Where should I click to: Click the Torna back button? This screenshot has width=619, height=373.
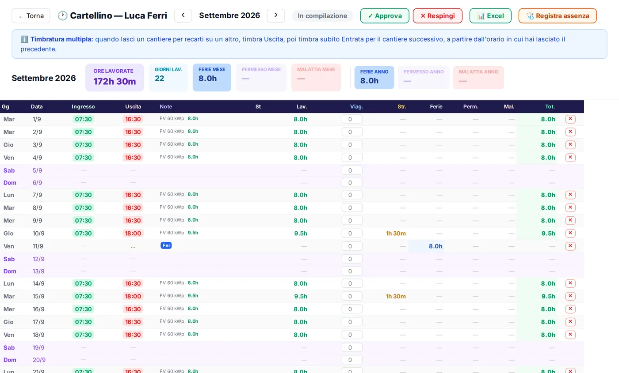coord(31,16)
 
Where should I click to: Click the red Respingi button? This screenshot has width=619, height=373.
coord(437,16)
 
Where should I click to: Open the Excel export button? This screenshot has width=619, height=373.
coord(490,16)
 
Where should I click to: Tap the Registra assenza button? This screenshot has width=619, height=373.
coord(558,16)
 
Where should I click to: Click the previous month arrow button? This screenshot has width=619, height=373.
coord(183,15)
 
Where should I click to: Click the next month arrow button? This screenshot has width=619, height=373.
coord(276,15)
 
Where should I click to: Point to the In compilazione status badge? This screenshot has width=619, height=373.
coord(322,16)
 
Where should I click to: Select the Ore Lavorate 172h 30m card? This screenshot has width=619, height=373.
coord(115,78)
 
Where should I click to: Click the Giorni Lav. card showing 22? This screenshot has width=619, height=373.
coord(168,78)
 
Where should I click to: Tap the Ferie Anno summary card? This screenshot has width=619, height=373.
coord(374,78)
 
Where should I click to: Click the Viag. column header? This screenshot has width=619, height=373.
coord(356,106)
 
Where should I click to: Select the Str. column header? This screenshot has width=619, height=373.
coord(402,106)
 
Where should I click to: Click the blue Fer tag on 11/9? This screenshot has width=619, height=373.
coord(166,245)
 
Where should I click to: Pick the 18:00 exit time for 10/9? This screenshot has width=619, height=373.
coord(133,234)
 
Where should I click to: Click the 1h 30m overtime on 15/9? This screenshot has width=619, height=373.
coord(396,296)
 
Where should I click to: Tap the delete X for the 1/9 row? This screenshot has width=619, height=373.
coord(570,119)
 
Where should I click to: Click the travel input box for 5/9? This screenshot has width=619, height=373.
coord(352,170)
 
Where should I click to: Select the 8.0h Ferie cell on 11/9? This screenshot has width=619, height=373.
coord(436,246)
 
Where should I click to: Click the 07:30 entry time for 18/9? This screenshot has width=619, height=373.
coord(83,335)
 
